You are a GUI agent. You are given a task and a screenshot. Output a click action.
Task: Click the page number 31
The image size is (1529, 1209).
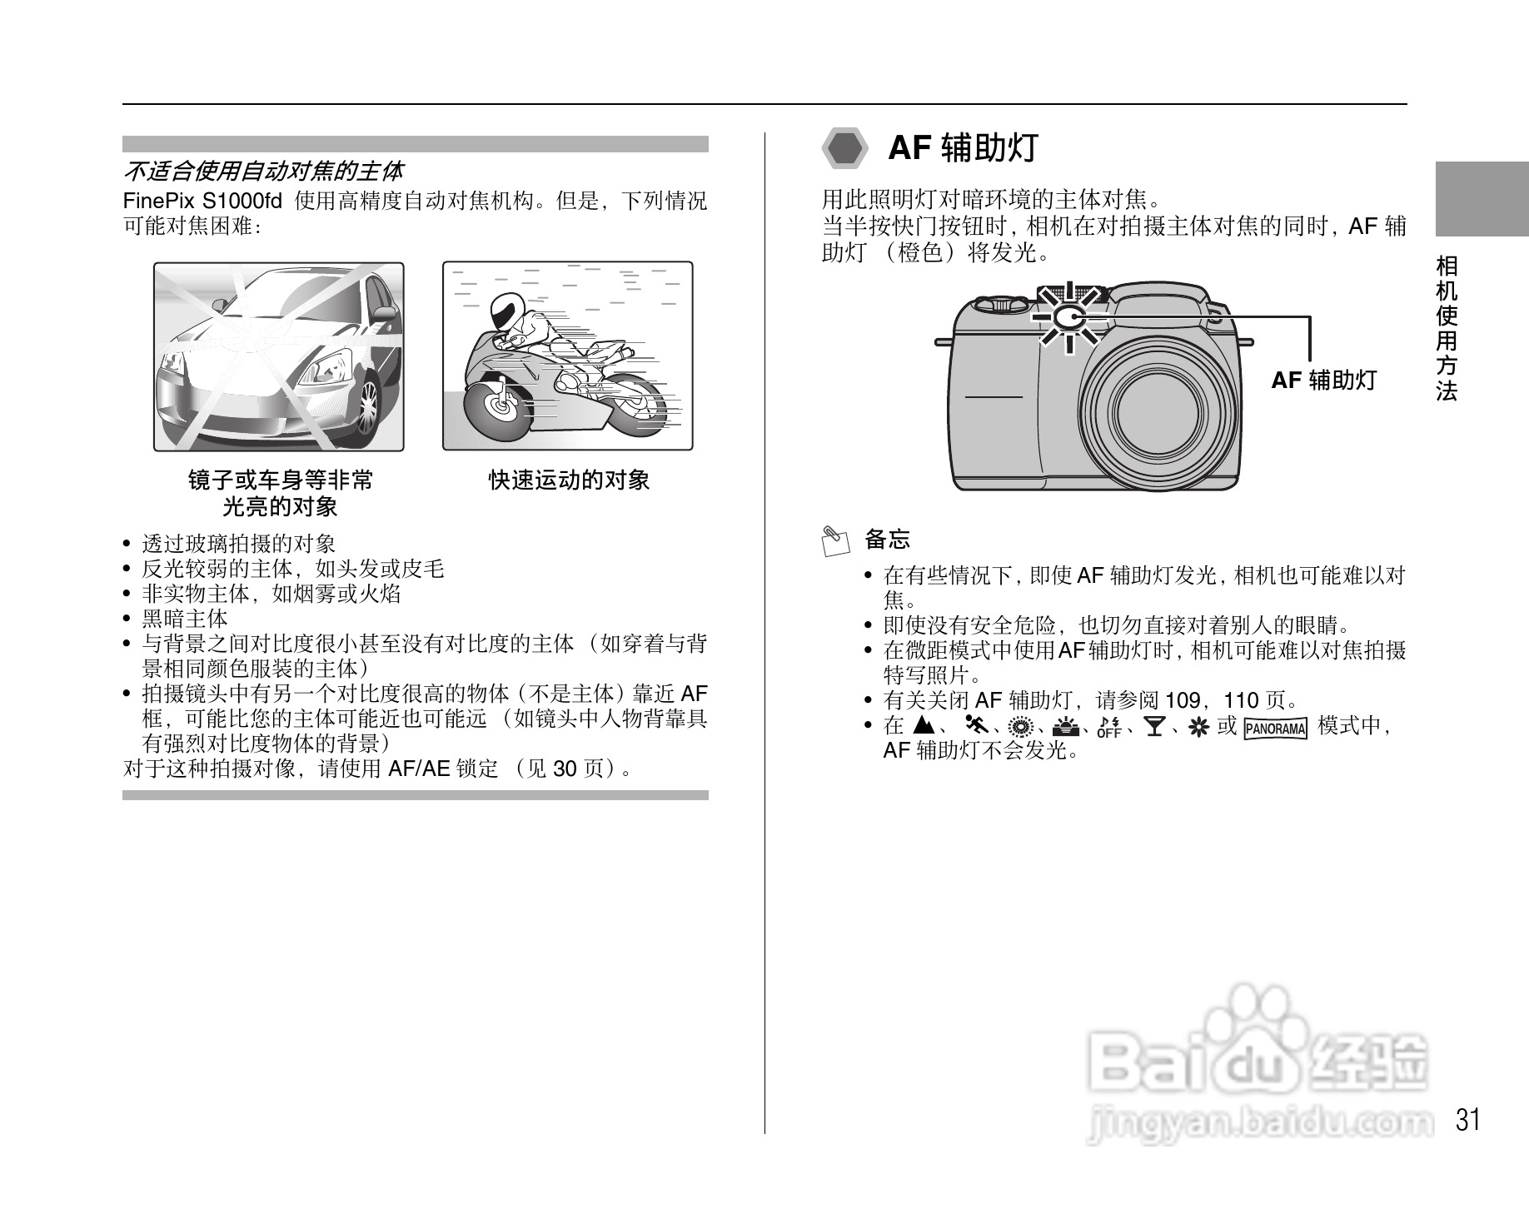point(1468,1120)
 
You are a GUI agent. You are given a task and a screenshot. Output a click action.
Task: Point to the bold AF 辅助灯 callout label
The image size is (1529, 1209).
point(1323,381)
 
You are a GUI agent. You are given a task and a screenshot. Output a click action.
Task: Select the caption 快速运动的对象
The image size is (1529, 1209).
point(569,480)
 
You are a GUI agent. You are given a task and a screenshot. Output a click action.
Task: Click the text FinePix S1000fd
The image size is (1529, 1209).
point(202,201)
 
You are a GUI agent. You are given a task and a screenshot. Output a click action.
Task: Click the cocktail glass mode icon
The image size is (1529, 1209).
point(1154,727)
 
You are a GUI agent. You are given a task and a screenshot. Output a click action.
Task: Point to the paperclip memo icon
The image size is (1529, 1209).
point(834,540)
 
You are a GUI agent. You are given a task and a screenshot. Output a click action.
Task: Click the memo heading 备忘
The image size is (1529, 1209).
point(887,540)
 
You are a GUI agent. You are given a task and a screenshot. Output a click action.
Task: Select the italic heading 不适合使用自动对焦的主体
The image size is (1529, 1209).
point(263,172)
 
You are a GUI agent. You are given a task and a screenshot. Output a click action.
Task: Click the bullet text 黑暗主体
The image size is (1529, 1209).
point(184,619)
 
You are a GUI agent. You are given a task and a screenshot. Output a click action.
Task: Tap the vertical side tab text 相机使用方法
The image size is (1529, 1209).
point(1447,328)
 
